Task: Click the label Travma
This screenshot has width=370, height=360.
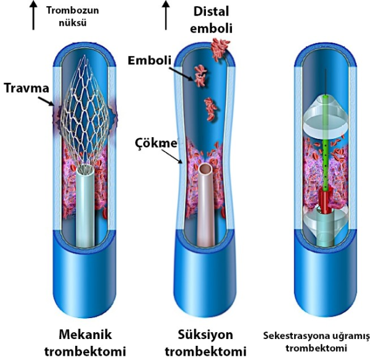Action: [25, 88]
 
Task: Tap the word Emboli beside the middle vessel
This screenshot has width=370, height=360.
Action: [149, 60]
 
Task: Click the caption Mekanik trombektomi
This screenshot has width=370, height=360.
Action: [86, 343]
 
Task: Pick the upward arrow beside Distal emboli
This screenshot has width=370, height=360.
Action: [166, 15]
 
